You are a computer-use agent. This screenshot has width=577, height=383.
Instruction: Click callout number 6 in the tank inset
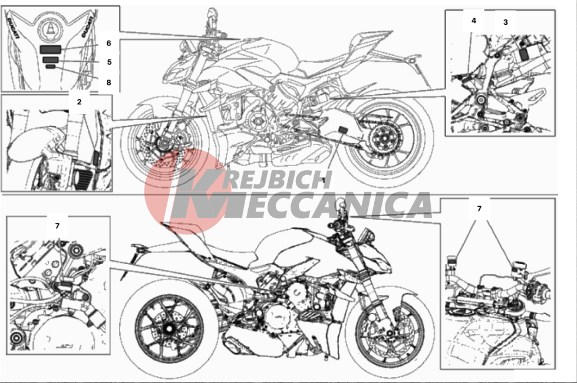tap(108, 44)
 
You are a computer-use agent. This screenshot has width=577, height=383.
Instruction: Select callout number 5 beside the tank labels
tap(109, 62)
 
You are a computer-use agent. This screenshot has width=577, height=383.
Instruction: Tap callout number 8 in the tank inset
tap(108, 82)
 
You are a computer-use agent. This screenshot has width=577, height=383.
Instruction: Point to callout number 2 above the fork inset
tap(79, 102)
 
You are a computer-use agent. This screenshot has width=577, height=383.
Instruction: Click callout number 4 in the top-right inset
tap(474, 21)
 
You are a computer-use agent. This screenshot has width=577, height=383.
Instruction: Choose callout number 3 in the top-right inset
tap(506, 22)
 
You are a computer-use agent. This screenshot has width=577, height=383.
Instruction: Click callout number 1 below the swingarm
tap(324, 181)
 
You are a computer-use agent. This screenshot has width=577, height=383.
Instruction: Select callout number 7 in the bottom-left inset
tap(57, 226)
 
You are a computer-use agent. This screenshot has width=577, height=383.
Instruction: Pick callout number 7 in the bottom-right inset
tap(479, 209)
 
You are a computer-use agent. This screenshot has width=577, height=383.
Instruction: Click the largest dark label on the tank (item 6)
tap(51, 49)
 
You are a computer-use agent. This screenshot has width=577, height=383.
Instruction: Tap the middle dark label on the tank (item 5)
tap(51, 60)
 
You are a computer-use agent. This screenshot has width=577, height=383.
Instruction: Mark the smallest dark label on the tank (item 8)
tap(51, 67)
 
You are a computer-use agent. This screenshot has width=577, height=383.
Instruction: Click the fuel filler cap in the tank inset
tap(49, 27)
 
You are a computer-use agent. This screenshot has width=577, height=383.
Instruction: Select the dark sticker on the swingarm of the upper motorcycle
tap(343, 130)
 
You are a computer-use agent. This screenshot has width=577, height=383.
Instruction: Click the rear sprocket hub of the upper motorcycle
tap(384, 138)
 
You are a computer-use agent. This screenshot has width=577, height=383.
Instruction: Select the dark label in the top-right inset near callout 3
tap(523, 54)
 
